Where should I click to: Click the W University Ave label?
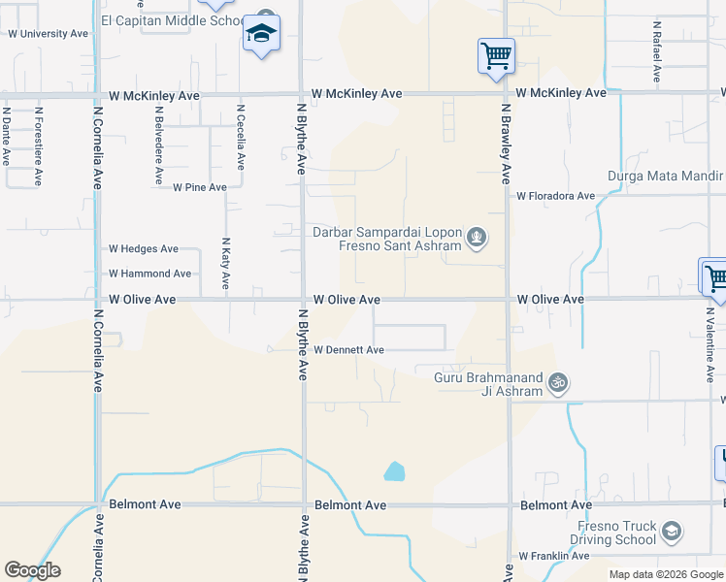[48, 33]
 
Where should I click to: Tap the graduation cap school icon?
[260, 34]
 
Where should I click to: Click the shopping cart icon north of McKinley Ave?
[496, 55]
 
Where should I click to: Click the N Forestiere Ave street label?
[38, 145]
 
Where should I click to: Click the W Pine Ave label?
[200, 187]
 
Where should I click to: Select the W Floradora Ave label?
[555, 196]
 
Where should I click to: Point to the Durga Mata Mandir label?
[665, 176]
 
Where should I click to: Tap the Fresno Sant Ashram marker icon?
[476, 236]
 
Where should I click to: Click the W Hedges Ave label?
[144, 249]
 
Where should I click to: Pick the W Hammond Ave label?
[149, 275]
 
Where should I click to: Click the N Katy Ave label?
[225, 264]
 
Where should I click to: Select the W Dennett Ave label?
[348, 350]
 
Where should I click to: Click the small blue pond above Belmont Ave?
[394, 472]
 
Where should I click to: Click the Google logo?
[32, 570]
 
